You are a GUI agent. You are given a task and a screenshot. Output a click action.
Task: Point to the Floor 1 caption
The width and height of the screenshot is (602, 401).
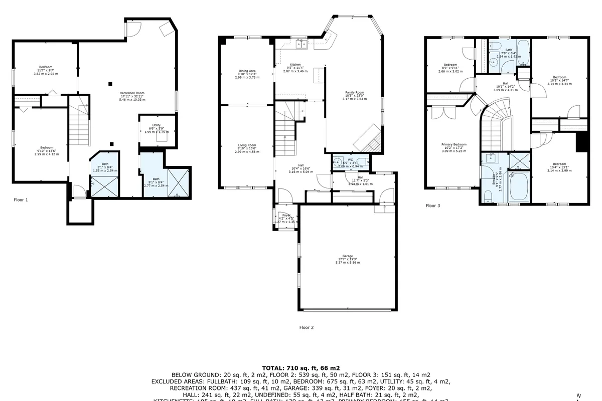(21, 199)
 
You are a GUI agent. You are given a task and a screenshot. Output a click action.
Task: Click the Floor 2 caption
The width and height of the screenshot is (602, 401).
(306, 327)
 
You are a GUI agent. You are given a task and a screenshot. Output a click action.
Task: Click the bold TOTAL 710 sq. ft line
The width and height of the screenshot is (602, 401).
(300, 368)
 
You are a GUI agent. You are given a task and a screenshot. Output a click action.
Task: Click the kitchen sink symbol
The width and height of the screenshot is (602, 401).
(302, 45)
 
